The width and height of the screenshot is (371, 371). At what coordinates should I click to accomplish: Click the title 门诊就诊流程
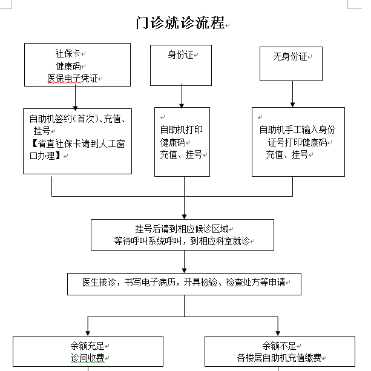click(180, 23)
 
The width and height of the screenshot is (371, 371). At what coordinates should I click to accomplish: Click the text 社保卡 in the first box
click(68, 53)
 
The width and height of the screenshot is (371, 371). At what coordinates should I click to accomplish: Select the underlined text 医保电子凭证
click(73, 78)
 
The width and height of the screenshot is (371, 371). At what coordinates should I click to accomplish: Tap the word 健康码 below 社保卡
click(68, 66)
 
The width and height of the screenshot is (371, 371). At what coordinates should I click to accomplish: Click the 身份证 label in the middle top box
click(180, 55)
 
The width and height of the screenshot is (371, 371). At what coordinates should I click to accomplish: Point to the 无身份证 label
click(290, 56)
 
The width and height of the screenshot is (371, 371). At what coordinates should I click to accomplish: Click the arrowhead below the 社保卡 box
click(75, 108)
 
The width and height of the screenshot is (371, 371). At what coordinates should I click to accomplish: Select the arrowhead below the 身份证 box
click(182, 106)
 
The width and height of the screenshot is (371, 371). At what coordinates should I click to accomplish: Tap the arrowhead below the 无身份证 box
click(292, 105)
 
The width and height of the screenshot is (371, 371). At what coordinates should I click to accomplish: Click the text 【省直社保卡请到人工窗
click(77, 143)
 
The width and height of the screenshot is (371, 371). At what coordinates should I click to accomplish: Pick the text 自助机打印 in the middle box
click(181, 130)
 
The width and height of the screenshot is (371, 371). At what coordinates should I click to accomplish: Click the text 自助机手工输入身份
click(297, 130)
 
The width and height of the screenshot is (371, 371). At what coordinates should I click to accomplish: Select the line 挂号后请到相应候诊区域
click(182, 229)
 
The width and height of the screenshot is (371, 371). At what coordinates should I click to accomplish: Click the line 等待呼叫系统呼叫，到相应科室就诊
click(182, 241)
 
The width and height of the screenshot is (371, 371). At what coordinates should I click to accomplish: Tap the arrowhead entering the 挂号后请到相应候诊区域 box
click(185, 217)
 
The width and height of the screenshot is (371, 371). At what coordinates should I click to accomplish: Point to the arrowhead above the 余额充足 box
click(88, 333)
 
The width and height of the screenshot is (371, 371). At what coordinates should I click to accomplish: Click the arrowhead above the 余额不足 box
click(278, 333)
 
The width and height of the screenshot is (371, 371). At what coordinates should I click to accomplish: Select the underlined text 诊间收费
click(87, 358)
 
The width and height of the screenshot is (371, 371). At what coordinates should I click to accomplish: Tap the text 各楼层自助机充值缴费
click(279, 358)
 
